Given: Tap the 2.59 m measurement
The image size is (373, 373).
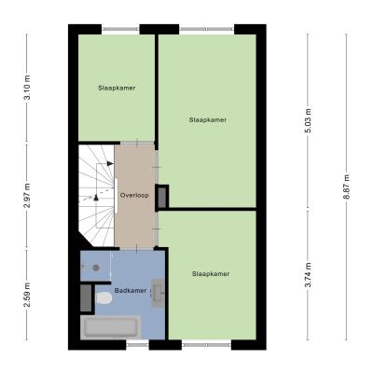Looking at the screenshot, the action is point(28,295).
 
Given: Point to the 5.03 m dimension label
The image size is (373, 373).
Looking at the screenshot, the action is point(308,121).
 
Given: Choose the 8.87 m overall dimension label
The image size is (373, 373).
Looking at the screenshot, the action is point(347,186).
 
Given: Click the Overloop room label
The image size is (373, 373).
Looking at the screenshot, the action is point(134,196).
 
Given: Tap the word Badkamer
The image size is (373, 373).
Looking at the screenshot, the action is point(131,291).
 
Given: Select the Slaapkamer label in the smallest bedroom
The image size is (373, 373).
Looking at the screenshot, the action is point(117,88).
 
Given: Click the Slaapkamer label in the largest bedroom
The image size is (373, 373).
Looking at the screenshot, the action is point(208,119).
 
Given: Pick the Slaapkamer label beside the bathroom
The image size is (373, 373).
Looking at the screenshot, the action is point(211,274).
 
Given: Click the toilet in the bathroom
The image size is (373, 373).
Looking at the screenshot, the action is point(104,298).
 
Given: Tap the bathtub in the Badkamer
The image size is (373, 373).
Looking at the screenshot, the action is point(111,327).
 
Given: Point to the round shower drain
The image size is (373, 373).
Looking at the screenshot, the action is point(96,267).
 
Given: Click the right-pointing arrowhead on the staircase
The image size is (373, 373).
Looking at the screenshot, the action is point(110,163).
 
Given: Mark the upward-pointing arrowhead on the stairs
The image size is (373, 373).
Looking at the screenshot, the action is point(96,197).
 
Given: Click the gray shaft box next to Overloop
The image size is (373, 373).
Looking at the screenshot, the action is point(162,197).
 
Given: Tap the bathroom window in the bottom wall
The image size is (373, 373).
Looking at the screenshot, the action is point(137,345).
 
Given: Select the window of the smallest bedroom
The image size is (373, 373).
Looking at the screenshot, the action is point(120,29).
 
